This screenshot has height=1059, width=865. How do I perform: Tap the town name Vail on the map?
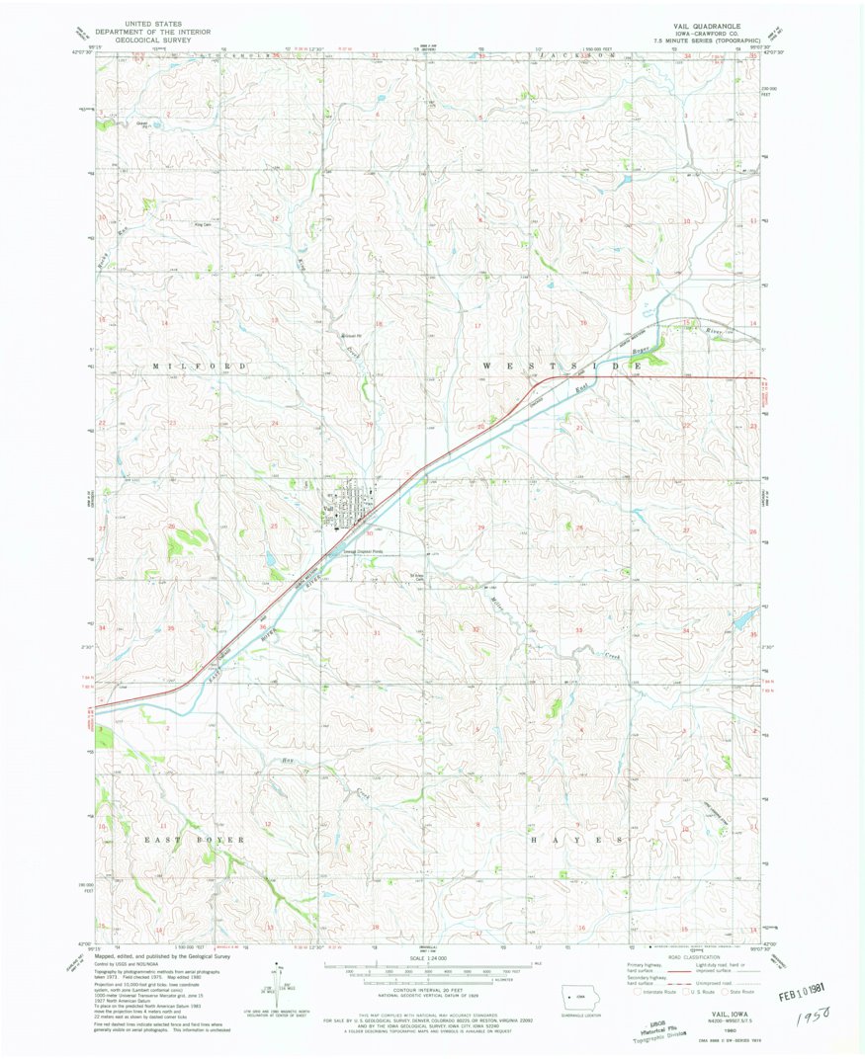coord(327,507)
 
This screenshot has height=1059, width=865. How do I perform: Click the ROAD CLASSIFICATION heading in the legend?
coord(686,957)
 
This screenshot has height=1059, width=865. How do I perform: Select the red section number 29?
coord(481,529)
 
